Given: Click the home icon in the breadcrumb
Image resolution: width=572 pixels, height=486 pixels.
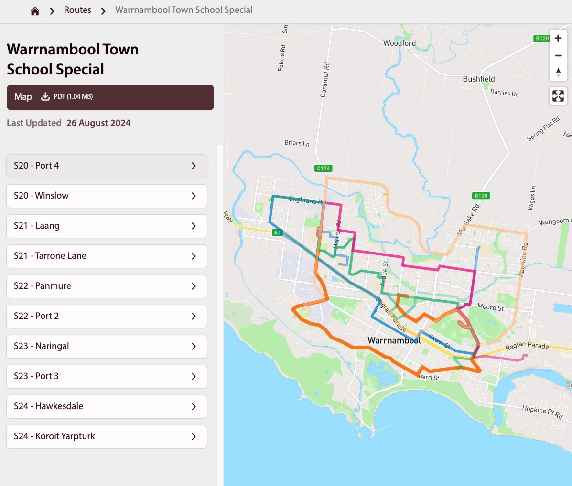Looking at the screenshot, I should coord(35,11).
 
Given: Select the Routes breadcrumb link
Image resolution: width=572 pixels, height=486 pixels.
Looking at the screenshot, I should coord(77,10).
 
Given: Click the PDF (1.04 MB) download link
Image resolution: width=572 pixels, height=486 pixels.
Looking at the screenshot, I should coord(67,96).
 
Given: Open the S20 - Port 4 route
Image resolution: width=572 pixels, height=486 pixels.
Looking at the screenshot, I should coord(106,166).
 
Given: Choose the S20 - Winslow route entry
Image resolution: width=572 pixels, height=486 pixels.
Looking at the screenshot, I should coord(106,196).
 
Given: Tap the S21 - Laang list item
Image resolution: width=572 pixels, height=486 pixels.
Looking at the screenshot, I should coord(106,226).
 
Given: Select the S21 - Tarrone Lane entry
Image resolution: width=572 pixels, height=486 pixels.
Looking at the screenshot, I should coord(106,256).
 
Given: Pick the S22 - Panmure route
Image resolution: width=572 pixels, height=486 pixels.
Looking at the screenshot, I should coord(106,286).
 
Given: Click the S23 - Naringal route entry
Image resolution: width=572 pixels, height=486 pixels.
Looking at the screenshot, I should coord(106,346).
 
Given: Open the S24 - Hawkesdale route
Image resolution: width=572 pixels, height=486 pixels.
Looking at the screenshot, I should coord(106,406).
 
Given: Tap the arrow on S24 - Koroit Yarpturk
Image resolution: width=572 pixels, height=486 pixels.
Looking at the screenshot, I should coord(194,436).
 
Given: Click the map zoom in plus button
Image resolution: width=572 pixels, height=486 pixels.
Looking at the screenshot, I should coord(558,38).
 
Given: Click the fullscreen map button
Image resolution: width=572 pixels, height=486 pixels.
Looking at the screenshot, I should coord(558,96).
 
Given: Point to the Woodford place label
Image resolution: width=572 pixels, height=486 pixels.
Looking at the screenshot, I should coord(399,43).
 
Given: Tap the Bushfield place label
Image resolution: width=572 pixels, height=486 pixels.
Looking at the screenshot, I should coord(478,79).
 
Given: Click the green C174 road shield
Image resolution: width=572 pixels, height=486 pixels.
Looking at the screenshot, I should coord(324,168).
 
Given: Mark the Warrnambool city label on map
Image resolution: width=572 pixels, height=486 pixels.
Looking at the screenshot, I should coord(394,340).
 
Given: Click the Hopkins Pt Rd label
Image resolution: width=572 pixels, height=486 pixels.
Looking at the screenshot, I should coord(542,412).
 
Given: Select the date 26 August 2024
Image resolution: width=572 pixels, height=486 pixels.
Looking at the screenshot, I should coord(98,123).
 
